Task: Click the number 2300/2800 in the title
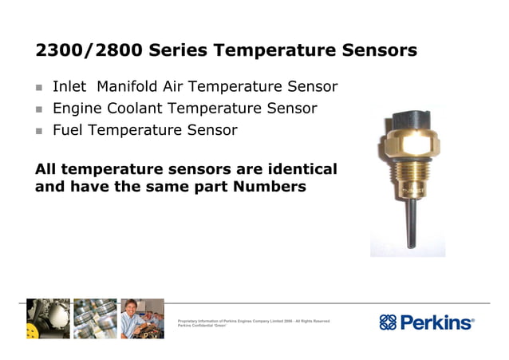tap(90, 51)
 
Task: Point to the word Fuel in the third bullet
tap(69, 130)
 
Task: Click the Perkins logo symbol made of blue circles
tap(389, 322)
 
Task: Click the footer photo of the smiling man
tap(142, 318)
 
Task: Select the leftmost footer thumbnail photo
tap(48, 318)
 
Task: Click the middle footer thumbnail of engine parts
tap(95, 318)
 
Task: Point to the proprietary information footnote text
tap(254, 323)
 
